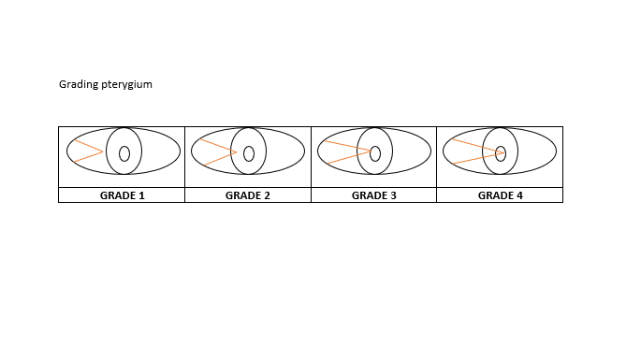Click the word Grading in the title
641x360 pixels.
[x=79, y=84]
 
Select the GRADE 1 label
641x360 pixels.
[x=123, y=195]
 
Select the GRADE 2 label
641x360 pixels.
[x=248, y=195]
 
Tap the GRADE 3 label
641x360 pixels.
[x=374, y=195]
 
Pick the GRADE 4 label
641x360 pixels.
[x=501, y=195]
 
